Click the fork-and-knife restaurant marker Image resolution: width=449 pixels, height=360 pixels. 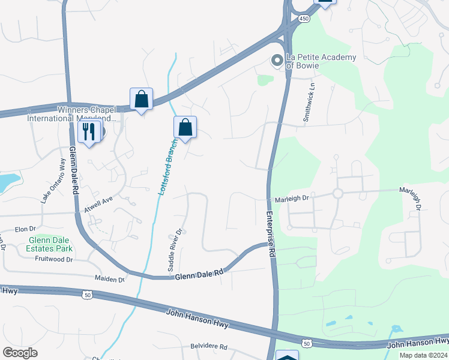click(89, 131)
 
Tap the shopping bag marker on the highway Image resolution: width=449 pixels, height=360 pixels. click(141, 100)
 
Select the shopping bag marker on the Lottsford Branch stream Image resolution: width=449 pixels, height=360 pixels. click(185, 128)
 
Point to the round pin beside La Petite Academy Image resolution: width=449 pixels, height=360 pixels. click(277, 60)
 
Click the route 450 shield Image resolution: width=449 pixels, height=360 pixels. click(305, 19)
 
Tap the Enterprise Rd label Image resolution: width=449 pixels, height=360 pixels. click(271, 235)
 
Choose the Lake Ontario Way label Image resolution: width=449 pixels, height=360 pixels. click(53, 181)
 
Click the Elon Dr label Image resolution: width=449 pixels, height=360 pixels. click(26, 229)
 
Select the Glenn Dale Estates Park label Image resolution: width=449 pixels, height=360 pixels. click(50, 244)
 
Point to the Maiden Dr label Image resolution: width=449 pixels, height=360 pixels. click(109, 279)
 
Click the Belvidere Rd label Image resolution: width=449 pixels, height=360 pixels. click(206, 347)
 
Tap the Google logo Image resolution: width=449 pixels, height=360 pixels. click(20, 353)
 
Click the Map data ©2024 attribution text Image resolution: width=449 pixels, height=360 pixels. click(423, 355)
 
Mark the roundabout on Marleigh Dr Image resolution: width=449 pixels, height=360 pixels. click(337, 193)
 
